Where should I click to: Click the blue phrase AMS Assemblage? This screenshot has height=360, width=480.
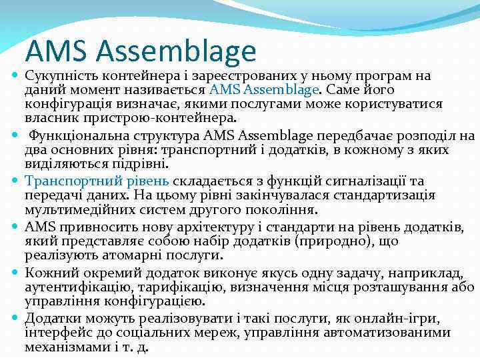pos(264,89)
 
